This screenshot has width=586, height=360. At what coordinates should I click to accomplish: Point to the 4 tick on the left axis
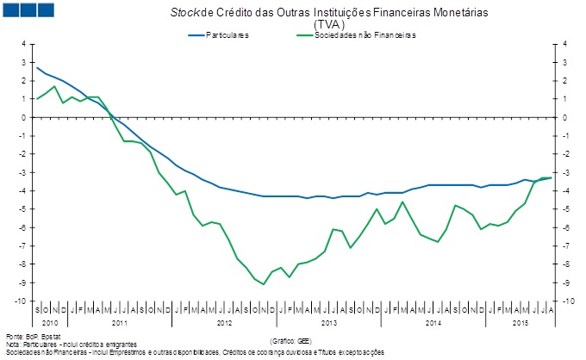pos(23,44)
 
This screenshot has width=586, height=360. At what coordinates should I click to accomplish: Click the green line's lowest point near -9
pos(264,283)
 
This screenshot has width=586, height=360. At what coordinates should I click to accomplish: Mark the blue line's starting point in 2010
pos(37,67)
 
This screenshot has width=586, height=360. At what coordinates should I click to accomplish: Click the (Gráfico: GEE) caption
pos(292,341)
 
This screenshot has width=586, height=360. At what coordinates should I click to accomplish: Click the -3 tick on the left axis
pos(22,172)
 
